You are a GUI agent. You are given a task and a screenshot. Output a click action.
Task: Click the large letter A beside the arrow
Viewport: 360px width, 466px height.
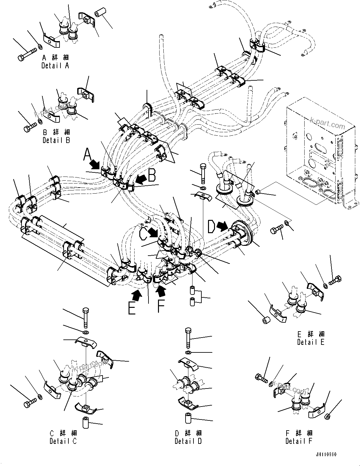(87, 156)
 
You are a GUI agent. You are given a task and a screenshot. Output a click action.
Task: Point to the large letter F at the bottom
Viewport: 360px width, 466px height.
(161, 306)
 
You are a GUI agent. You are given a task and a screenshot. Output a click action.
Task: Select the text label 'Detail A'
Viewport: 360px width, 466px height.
(55, 66)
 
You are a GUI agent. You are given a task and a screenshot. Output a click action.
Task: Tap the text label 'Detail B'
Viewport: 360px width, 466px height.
(56, 140)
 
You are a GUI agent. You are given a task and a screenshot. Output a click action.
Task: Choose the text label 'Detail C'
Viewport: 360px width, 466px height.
(63, 441)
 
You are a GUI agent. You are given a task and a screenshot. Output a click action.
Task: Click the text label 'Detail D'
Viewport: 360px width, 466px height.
(188, 441)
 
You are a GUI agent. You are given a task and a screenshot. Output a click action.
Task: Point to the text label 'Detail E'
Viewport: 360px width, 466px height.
(311, 342)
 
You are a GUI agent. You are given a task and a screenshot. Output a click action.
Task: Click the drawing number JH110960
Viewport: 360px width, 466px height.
(326, 455)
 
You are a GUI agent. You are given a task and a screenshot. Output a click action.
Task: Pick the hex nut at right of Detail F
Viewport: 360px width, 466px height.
(328, 416)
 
